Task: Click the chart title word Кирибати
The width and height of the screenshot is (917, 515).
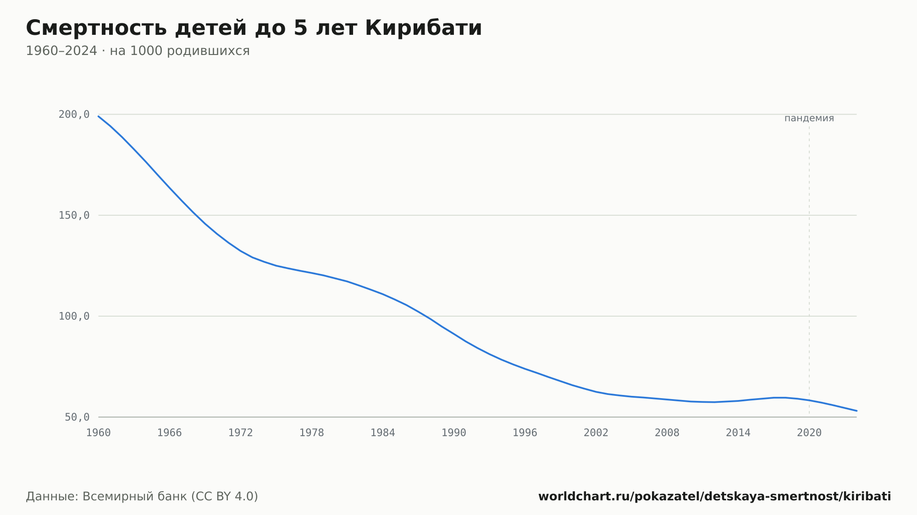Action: click(x=424, y=28)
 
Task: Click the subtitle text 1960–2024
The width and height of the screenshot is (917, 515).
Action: click(x=61, y=51)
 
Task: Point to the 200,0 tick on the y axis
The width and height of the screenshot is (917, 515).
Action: click(x=74, y=115)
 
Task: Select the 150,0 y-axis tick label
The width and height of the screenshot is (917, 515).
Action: click(x=74, y=215)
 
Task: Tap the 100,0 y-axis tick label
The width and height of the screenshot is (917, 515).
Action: click(x=74, y=316)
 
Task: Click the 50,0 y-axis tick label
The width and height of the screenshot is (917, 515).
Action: click(x=77, y=417)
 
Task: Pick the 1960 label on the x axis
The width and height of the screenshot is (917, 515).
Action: click(x=99, y=433)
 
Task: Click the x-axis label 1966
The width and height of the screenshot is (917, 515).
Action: click(x=170, y=433)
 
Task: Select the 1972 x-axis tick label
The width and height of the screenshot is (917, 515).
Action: click(x=241, y=433)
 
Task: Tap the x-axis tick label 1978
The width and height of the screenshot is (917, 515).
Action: click(x=312, y=433)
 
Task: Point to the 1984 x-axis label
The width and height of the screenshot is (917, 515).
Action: click(x=383, y=433)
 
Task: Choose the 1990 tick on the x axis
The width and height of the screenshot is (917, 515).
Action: click(x=454, y=433)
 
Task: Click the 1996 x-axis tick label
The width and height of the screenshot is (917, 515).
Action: click(x=525, y=433)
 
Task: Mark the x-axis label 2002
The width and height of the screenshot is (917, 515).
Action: click(x=596, y=433)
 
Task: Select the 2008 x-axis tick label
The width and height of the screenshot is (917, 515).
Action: click(x=667, y=433)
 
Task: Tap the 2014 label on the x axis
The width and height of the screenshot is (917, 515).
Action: click(x=738, y=433)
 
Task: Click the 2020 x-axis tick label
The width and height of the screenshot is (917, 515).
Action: click(x=809, y=433)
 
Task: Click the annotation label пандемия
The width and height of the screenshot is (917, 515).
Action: click(x=809, y=118)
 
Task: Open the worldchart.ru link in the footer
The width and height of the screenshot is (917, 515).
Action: click(x=715, y=497)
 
